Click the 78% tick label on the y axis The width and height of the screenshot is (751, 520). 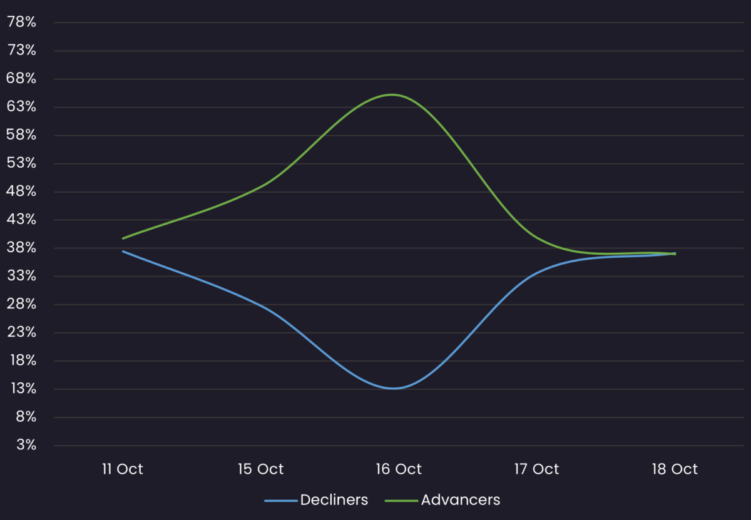pos(21,23)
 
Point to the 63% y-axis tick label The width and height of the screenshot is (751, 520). pos(21,107)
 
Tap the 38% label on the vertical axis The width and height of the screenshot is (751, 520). pos(21,248)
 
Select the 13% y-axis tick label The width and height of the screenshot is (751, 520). pos(21,389)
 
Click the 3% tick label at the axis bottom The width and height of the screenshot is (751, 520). pos(25,445)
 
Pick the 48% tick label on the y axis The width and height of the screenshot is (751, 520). pos(21,191)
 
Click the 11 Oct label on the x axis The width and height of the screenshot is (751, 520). pos(123,469)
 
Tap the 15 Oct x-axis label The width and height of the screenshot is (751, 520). pos(261,469)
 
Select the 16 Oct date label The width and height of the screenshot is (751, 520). pos(399,469)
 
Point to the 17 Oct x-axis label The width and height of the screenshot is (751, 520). pos(537,469)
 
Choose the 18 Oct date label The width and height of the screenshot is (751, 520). pos(675,469)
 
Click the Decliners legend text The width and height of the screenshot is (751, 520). pos(334,500)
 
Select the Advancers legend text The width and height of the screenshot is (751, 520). pos(461,500)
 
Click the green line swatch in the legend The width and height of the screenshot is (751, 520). pos(401,501)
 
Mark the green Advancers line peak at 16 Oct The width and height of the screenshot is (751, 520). pos(392,94)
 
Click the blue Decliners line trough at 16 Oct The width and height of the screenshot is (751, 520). pos(392,389)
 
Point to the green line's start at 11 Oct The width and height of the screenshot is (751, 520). pos(123,238)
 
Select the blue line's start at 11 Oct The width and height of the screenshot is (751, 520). pos(123,251)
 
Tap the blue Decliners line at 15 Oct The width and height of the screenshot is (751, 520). pos(261,306)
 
